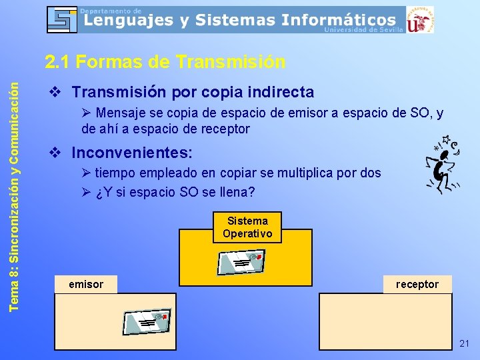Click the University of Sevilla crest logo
pos(420,19)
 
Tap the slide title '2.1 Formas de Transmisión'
pos(165,62)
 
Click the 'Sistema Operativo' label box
pos(247,227)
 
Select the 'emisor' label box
pos(86,285)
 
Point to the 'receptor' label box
pos(417,285)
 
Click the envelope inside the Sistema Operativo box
pos(241,262)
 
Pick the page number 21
pos(464,343)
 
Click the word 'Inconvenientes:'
pos(132,153)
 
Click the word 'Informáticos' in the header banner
pos(338,20)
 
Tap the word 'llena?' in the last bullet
pos(239,193)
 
